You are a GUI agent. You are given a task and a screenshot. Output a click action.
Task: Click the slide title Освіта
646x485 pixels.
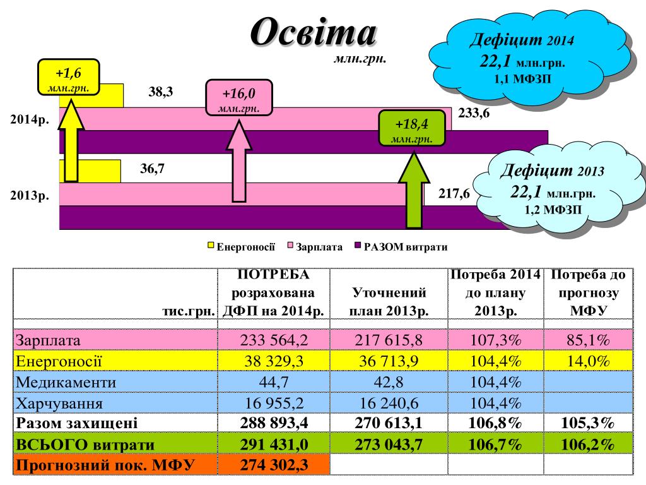tap(313, 32)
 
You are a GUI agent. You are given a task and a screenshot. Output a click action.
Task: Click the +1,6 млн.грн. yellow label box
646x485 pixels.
tap(68, 77)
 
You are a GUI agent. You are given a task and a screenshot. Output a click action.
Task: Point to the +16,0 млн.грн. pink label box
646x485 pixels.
tap(238, 99)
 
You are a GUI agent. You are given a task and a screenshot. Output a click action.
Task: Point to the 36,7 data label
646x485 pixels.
tap(152, 169)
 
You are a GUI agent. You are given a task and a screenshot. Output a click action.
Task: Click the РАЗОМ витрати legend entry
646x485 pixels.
tap(404, 247)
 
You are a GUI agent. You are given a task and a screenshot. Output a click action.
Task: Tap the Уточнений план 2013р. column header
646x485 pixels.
tap(388, 301)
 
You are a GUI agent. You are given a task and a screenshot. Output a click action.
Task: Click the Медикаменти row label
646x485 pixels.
tap(66, 382)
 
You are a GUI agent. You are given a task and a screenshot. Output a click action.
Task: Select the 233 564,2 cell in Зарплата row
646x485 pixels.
tap(274, 340)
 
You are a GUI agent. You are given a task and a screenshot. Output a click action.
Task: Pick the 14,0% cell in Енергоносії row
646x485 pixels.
tap(587, 361)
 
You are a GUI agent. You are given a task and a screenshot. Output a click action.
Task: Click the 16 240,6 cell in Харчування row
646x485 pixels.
tap(388, 403)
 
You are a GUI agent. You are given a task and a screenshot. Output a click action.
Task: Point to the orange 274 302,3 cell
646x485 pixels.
tap(274, 465)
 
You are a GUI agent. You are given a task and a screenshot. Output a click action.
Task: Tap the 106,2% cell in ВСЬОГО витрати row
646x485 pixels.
tap(587, 445)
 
